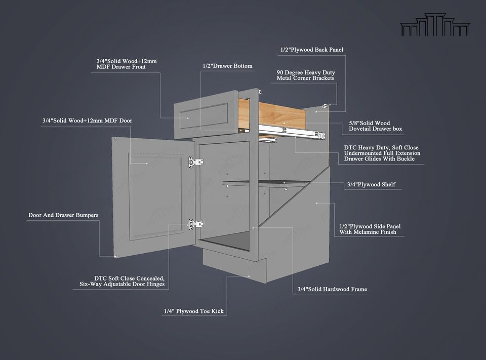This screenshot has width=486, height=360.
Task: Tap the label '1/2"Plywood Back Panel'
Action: click(312, 50)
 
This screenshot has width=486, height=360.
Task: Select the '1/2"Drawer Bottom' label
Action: click(227, 66)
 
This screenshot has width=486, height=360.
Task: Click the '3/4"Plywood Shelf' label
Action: click(371, 185)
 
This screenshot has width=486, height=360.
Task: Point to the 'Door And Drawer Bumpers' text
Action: click(63, 215)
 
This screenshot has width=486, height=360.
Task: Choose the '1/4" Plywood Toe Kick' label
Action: click(193, 311)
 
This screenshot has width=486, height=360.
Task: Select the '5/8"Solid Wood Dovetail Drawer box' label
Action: click(376, 126)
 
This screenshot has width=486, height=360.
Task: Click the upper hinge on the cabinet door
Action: click(197, 162)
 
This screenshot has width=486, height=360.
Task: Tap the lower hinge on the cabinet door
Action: click(196, 223)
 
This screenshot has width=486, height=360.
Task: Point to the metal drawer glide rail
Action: click(291, 132)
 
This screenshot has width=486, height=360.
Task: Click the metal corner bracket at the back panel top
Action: click(326, 106)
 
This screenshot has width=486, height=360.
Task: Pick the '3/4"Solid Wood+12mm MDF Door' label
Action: click(87, 121)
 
